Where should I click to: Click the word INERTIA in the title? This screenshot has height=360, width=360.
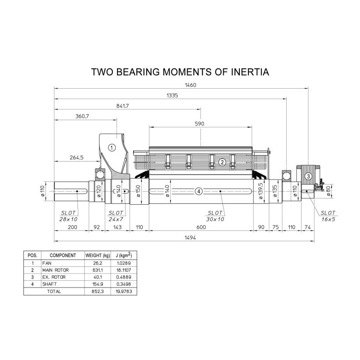[250, 72]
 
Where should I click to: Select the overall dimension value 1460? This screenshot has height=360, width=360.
[190, 85]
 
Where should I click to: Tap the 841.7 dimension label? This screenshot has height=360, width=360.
[122, 106]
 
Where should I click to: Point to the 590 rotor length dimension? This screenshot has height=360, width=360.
[199, 124]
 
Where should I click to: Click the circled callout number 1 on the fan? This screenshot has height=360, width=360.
[112, 148]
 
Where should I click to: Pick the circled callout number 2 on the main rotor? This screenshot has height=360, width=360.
[222, 162]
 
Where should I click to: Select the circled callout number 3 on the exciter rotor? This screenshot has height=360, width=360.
[308, 176]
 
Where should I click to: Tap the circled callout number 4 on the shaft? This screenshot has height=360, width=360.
[199, 191]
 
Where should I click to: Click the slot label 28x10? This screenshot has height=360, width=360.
[68, 219]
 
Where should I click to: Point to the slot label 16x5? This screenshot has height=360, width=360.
[328, 219]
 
